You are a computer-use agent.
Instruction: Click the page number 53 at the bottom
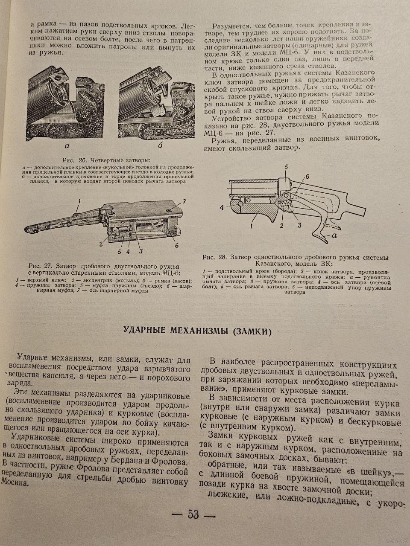193,514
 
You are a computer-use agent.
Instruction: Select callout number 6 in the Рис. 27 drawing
176,245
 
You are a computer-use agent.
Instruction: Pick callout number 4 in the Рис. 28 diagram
222,208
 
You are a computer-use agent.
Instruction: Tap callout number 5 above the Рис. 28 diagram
287,167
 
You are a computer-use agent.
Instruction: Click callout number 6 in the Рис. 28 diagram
307,177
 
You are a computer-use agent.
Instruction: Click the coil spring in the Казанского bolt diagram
284,206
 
